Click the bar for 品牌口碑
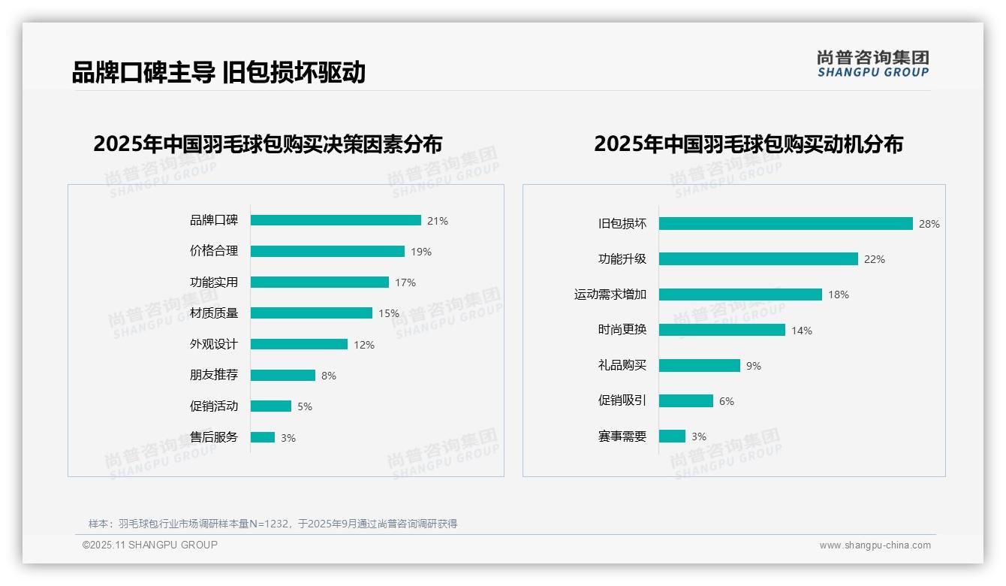click(x=336, y=220)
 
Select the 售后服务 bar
click(x=263, y=437)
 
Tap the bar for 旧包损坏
click(x=785, y=224)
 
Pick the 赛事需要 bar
click(x=672, y=436)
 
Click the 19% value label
click(x=421, y=252)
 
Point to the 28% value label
click(x=929, y=224)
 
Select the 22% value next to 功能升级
click(x=875, y=259)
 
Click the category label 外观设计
click(x=214, y=344)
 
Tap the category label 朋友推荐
click(x=214, y=375)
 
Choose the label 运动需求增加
click(x=610, y=295)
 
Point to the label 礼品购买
click(x=622, y=365)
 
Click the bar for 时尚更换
click(x=722, y=330)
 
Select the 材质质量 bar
click(x=312, y=313)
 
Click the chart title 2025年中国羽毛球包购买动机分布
click(x=748, y=143)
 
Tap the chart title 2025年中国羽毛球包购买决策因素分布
click(x=268, y=143)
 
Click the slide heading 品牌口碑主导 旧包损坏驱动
click(x=218, y=73)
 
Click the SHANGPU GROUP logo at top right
click(x=873, y=64)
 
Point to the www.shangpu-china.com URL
click(x=875, y=545)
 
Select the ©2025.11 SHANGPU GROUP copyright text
click(x=150, y=545)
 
